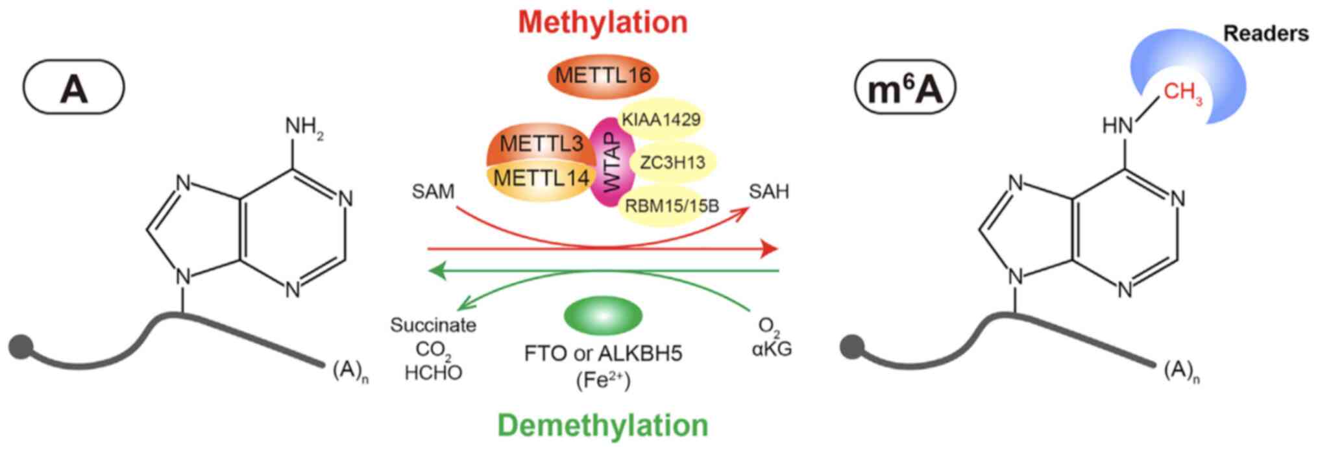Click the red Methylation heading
pyautogui.click(x=602, y=22)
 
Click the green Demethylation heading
pyautogui.click(x=603, y=426)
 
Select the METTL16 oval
pyautogui.click(x=603, y=76)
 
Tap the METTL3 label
pyautogui.click(x=541, y=144)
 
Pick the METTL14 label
pyautogui.click(x=541, y=177)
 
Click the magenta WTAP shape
pyautogui.click(x=611, y=162)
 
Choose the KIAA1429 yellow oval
pyautogui.click(x=661, y=119)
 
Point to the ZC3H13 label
pyautogui.click(x=672, y=162)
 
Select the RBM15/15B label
pyautogui.click(x=672, y=206)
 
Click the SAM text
pyautogui.click(x=433, y=192)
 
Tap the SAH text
pyautogui.click(x=768, y=191)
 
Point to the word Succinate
pyautogui.click(x=433, y=325)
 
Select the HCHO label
pyautogui.click(x=433, y=373)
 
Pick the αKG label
pyautogui.click(x=772, y=349)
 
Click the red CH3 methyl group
pyautogui.click(x=1182, y=93)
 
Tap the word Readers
pyautogui.click(x=1265, y=34)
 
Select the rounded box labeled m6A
pyautogui.click(x=905, y=89)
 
